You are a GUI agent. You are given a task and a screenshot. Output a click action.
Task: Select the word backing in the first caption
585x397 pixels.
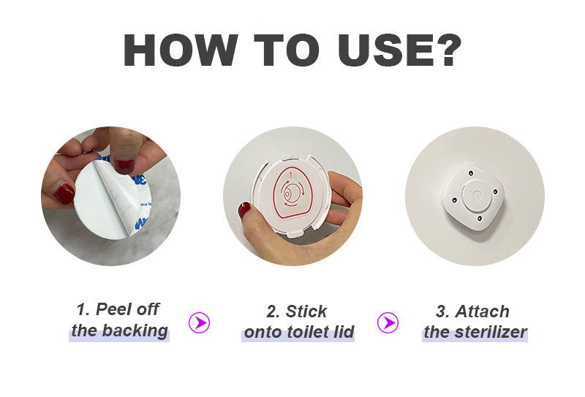tap(135, 331)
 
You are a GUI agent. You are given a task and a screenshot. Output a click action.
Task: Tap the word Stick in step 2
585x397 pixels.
tap(306, 311)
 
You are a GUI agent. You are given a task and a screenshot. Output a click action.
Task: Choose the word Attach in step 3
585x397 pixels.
tap(482, 311)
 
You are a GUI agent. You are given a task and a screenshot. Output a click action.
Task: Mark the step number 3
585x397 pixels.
tap(442, 311)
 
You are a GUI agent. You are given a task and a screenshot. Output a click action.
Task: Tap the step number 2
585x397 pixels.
tap(273, 311)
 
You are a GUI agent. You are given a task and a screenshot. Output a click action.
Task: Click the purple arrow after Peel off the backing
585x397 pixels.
tap(199, 322)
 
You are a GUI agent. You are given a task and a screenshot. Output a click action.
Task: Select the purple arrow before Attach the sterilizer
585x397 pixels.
tap(388, 322)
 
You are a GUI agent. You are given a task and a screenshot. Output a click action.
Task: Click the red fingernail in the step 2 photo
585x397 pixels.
tap(244, 210)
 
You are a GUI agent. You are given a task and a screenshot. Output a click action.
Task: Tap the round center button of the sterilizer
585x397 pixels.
tap(477, 195)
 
